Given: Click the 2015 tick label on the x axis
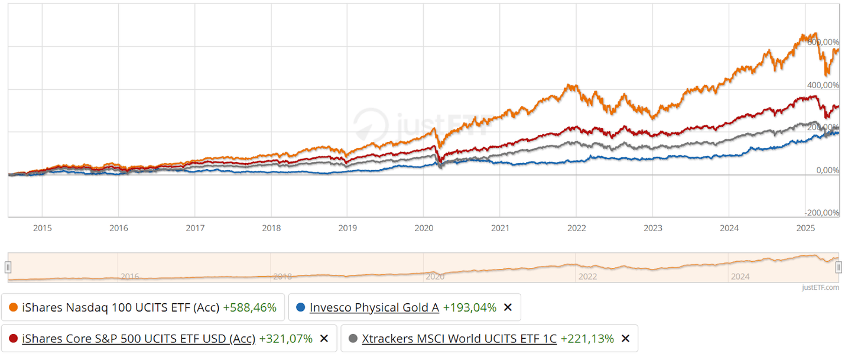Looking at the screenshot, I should pos(42,228).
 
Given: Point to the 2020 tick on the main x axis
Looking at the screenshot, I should pos(423,228).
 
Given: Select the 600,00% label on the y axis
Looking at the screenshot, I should pos(824,43).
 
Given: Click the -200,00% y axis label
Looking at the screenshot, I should pos(823,213).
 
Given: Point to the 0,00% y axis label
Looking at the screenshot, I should pos(827,170).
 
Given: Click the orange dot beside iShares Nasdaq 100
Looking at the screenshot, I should pos(14,307).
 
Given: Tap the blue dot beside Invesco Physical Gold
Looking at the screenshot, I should pos(301,307).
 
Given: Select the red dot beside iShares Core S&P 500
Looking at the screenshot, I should pos(14,339).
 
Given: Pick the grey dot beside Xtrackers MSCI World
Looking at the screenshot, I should pos(353,339).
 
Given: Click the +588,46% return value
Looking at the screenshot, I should pos(249,307).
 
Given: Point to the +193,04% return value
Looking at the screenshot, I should pos(469,307).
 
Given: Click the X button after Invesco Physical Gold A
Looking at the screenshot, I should pos(507,307).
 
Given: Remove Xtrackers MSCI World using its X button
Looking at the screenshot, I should pos(625,339).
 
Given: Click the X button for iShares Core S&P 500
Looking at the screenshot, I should pos(324,339).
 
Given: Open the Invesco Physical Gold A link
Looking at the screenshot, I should pos(374,307).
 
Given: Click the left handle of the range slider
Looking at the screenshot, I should pos(8,267).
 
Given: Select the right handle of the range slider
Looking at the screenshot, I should pos(839,267).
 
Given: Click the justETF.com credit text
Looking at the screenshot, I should pos(820,288).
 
